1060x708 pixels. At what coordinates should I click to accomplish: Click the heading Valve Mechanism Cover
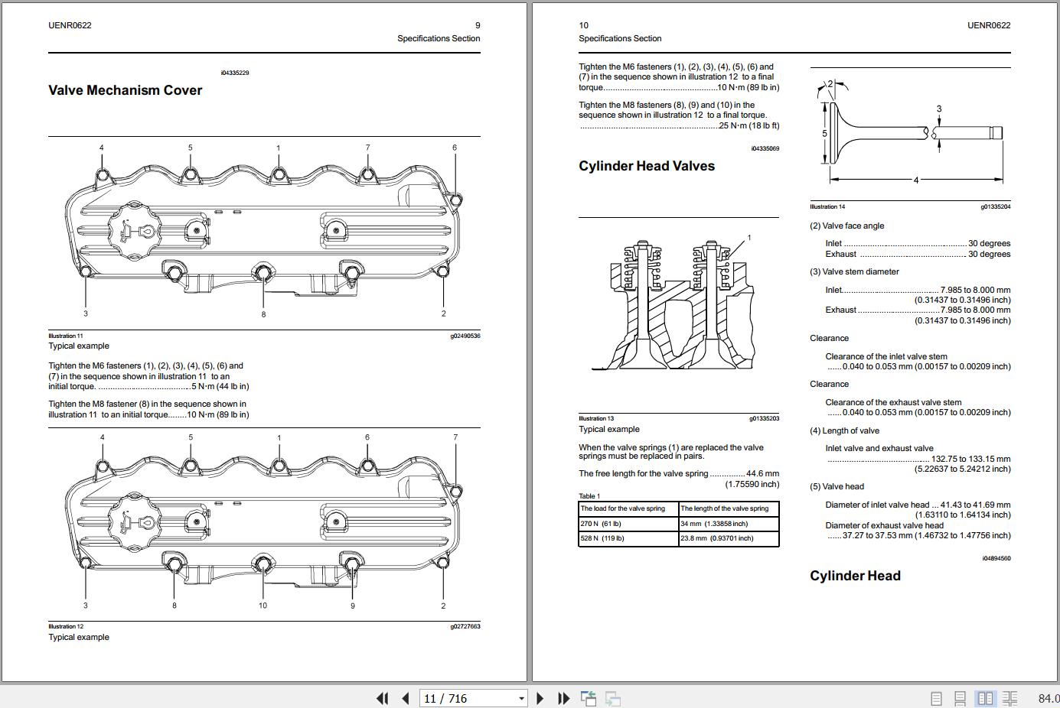[125, 90]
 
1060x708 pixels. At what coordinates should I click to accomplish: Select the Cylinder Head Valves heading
[646, 166]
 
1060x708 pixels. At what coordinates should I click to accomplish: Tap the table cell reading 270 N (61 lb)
[601, 524]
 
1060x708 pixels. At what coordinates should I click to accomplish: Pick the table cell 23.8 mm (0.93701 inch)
[716, 538]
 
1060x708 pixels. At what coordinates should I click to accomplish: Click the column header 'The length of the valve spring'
[724, 508]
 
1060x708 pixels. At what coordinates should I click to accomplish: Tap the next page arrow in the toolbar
[540, 698]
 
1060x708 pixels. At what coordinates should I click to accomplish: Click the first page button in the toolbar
[381, 698]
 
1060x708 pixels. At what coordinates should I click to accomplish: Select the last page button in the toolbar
[564, 698]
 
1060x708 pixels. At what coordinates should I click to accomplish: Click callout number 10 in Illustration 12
[263, 606]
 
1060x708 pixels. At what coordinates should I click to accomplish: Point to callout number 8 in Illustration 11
[263, 314]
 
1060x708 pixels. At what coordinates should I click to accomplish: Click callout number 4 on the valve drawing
[915, 180]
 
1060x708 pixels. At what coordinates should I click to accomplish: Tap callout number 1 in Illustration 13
[749, 238]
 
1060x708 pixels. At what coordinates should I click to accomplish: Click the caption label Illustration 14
[827, 206]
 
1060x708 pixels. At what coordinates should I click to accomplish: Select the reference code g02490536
[465, 336]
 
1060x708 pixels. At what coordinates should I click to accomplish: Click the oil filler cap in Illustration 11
[133, 230]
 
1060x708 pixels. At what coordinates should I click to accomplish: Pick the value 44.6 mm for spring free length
[762, 473]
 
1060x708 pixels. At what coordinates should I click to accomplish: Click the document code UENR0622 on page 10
[988, 25]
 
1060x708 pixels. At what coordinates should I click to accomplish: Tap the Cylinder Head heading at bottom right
[855, 576]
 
